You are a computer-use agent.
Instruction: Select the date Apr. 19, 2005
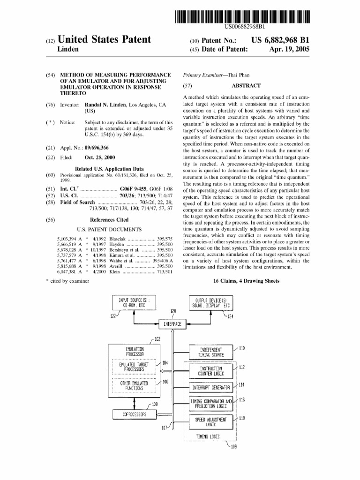click(289, 49)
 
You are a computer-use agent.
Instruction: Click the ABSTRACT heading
click(246, 86)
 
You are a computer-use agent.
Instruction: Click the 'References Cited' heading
click(109, 219)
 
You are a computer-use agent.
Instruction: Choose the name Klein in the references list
click(114, 271)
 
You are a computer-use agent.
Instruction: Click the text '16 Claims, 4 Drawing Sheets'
click(247, 281)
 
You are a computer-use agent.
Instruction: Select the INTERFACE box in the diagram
click(173, 324)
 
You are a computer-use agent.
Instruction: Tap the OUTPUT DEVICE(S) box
click(210, 302)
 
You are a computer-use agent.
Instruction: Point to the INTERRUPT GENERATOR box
click(211, 387)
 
